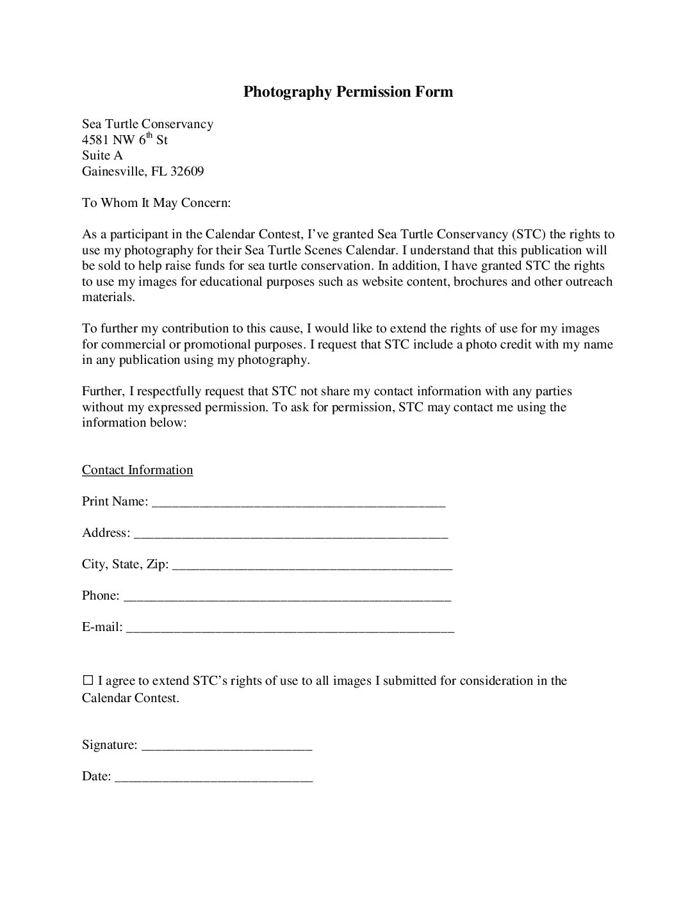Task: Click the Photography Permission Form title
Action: coord(348,92)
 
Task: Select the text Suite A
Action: coord(102,156)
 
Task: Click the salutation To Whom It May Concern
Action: coord(156,203)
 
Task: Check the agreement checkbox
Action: coord(88,680)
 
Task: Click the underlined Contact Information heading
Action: coord(137,470)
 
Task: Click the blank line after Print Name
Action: coord(299,503)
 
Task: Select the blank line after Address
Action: coord(291,534)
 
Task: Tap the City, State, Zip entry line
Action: coord(313,566)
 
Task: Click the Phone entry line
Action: coord(287,597)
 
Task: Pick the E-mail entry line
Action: coord(290,628)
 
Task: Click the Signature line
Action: coord(227,746)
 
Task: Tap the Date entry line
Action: coord(214,778)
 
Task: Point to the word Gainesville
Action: coord(115,171)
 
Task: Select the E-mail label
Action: coord(102,627)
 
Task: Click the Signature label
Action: coord(110,745)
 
